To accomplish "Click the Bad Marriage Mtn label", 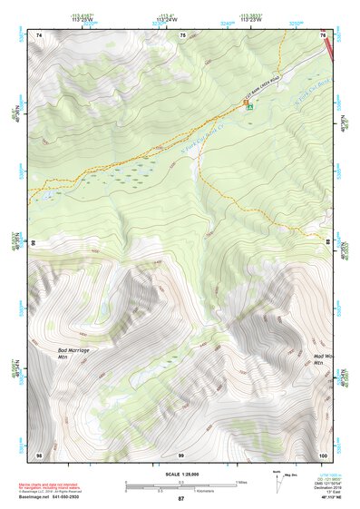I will tap(70, 352).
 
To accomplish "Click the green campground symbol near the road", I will tap(249, 106).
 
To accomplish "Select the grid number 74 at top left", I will tap(39, 34).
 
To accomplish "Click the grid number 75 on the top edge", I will tap(182, 34).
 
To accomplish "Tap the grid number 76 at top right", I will tap(323, 34).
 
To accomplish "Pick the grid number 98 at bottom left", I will tap(39, 454).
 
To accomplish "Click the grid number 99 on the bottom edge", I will tap(180, 454).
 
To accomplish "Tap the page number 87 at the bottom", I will tap(180, 500).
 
